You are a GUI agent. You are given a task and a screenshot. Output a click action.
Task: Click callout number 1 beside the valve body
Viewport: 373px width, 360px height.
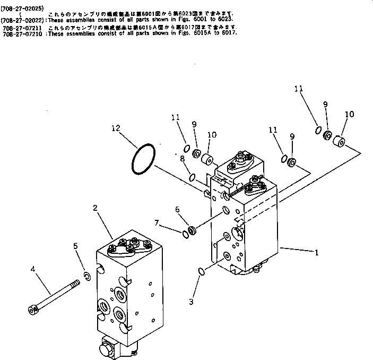point(317,253)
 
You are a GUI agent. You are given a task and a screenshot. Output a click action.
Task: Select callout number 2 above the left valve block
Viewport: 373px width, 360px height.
point(95,209)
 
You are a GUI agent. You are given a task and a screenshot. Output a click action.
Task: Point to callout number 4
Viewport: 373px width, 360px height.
point(33,270)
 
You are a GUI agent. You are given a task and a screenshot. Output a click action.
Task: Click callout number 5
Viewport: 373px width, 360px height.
point(75,246)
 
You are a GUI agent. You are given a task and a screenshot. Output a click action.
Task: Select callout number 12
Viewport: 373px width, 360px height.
point(116,127)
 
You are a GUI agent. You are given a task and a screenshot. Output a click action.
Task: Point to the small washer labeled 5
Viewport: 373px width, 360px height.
point(88,275)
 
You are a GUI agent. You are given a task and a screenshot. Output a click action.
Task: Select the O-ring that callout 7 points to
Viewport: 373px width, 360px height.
point(185,234)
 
